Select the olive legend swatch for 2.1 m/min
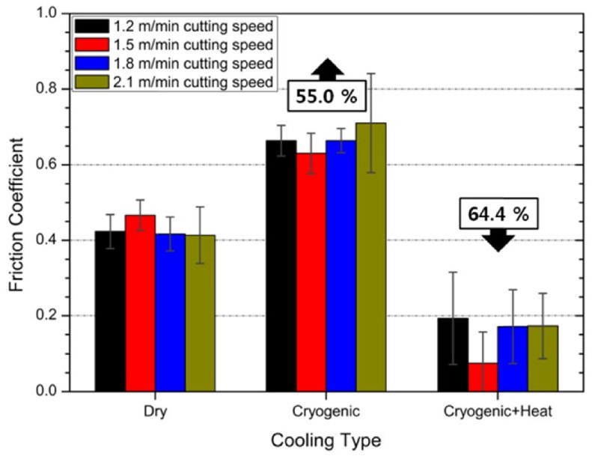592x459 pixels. [x=90, y=82]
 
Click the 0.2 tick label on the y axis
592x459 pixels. [x=52, y=315]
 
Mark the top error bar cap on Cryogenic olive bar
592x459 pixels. [x=371, y=73]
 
